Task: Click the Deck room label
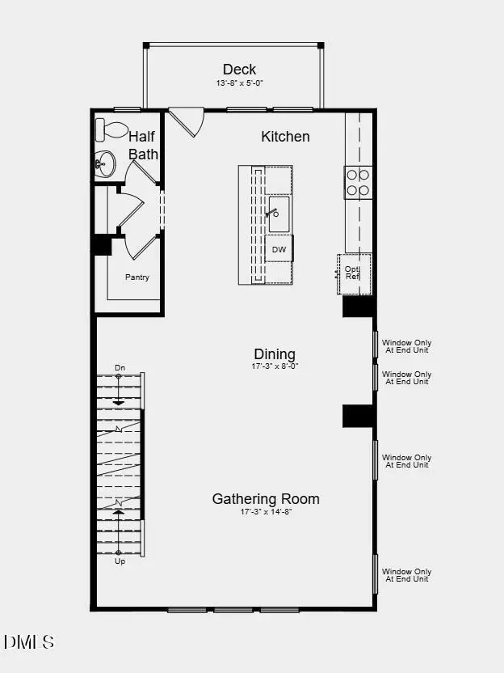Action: [240, 70]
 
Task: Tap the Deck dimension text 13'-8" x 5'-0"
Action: [240, 83]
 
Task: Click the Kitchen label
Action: [285, 137]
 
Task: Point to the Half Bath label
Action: [143, 146]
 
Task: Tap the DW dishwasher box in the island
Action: [279, 249]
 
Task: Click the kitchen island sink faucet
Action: [273, 214]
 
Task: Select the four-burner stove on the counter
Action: [358, 182]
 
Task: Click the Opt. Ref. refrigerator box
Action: [354, 273]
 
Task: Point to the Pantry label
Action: [137, 277]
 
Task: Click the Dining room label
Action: [275, 354]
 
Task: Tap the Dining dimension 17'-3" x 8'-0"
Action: [275, 366]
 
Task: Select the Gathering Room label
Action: [266, 499]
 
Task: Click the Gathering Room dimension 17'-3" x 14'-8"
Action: [266, 512]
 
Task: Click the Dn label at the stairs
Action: [120, 368]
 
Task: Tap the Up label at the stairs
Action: [120, 561]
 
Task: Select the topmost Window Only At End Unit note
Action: [406, 345]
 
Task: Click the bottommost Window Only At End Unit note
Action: [406, 575]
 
